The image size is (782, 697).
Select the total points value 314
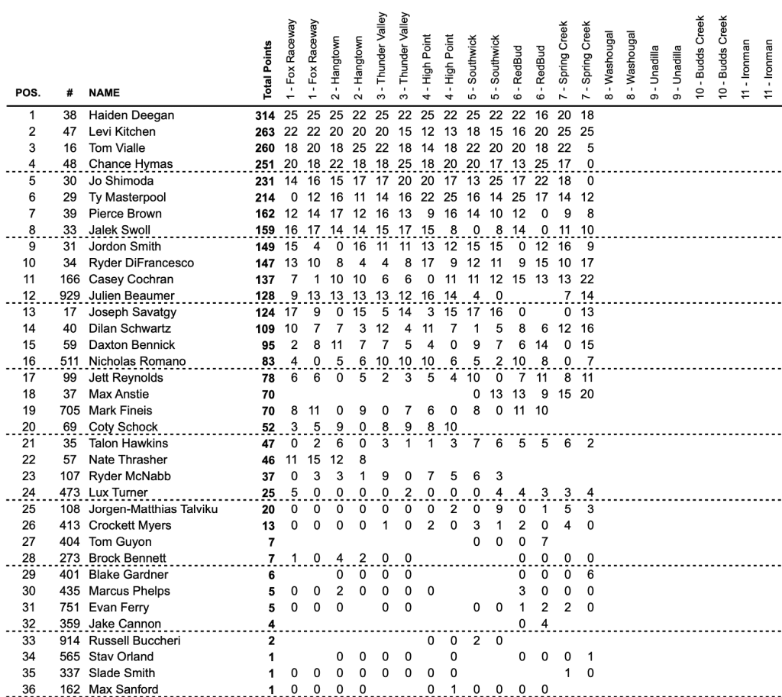point(264,115)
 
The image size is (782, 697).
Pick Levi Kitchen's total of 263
point(264,132)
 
